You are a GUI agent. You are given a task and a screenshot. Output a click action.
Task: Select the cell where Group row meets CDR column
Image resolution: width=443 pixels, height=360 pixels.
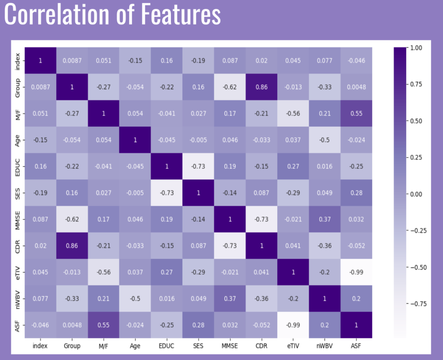(x=261, y=87)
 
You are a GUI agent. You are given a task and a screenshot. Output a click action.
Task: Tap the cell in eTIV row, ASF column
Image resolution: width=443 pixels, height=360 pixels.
(x=356, y=272)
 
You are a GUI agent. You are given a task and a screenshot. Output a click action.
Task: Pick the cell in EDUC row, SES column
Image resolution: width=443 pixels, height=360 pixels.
(x=198, y=166)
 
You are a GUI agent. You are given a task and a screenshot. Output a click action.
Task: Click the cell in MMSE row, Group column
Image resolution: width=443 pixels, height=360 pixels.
(x=71, y=219)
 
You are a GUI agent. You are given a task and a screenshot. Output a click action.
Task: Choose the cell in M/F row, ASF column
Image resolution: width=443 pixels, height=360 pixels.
(x=356, y=113)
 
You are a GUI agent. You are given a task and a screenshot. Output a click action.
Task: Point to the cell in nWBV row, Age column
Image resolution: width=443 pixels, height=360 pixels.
(x=135, y=298)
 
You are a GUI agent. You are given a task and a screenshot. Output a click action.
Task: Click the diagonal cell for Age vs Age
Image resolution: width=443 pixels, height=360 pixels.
(x=135, y=140)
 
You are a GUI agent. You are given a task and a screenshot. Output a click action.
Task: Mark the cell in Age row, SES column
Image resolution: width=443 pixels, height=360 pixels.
(x=198, y=140)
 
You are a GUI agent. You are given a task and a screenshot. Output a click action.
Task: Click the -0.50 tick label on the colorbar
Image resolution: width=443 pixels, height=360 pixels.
(x=417, y=267)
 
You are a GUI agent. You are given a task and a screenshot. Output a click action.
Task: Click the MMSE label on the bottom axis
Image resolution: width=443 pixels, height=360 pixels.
(x=229, y=346)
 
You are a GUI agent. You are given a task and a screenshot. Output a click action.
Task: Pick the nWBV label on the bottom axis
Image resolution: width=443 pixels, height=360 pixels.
(x=324, y=346)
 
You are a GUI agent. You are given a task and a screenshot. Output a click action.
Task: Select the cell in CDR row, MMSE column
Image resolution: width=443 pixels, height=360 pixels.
(x=229, y=245)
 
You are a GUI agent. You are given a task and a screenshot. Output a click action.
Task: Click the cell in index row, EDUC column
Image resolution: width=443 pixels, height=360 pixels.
(x=166, y=61)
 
